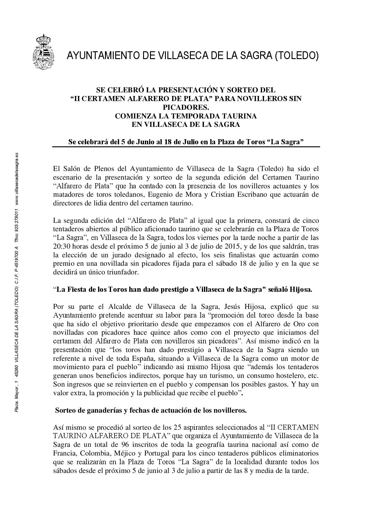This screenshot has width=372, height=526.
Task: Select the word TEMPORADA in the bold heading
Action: pos(192,116)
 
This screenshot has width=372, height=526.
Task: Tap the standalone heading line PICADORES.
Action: pos(185,107)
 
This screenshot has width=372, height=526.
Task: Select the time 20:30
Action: pos(61,247)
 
